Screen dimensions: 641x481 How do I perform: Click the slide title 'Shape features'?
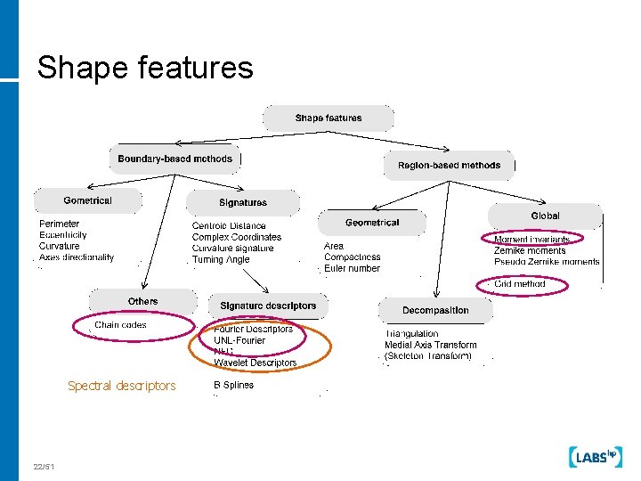(x=145, y=67)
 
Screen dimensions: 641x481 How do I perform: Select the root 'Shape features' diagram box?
(x=329, y=118)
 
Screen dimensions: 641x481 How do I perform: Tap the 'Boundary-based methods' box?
(x=175, y=159)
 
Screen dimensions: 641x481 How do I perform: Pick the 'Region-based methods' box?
(x=449, y=165)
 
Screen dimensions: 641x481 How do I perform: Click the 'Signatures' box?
(x=243, y=203)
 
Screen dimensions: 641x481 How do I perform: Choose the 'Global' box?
(x=545, y=216)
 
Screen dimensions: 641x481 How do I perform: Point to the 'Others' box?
(x=142, y=301)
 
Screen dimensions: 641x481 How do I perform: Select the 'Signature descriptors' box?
(x=268, y=306)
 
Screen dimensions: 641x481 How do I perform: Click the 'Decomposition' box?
(x=435, y=310)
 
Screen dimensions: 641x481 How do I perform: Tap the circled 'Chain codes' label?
(x=121, y=325)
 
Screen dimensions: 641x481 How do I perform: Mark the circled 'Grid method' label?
(x=520, y=284)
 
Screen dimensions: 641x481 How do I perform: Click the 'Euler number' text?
(x=352, y=268)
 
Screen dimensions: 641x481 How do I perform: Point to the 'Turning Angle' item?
(x=221, y=260)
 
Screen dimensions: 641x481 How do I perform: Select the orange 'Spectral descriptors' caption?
(x=122, y=386)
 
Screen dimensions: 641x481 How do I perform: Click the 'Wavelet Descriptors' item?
(x=256, y=363)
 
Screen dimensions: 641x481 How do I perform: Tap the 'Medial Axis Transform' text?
(x=430, y=345)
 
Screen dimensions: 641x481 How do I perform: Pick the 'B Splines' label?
(x=233, y=386)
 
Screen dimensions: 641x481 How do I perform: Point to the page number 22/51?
(x=44, y=467)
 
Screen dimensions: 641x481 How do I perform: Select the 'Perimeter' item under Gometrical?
(x=59, y=224)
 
